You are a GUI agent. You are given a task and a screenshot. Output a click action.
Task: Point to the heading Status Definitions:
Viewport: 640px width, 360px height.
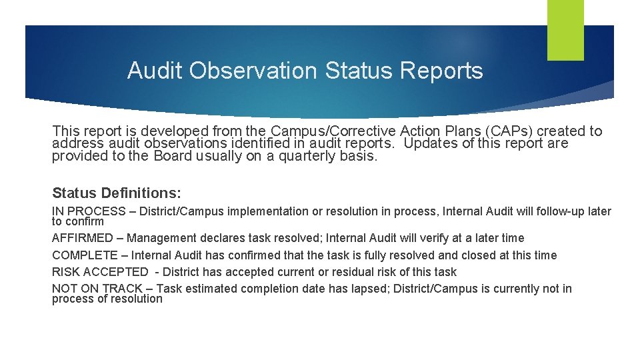click(117, 193)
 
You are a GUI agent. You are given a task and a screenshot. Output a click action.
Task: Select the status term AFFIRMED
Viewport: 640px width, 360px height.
click(83, 238)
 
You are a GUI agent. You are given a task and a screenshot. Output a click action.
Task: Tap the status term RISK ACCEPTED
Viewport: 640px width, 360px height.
click(100, 272)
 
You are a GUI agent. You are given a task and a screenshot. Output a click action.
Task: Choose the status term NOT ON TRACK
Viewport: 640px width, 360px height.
click(97, 289)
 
